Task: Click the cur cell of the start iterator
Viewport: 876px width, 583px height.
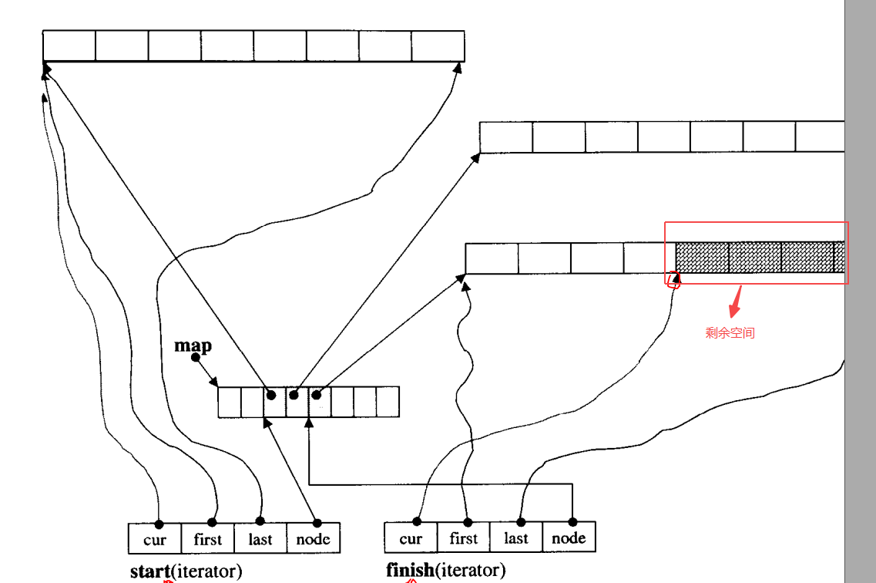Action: (x=155, y=539)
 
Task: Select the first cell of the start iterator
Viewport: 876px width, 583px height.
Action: (x=207, y=539)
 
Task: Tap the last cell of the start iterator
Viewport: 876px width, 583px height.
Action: (x=260, y=539)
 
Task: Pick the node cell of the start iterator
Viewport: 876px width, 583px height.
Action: (x=313, y=539)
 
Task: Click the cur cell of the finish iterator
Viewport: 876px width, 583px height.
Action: (x=411, y=538)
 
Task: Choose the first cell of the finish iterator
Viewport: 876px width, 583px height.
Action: (x=463, y=538)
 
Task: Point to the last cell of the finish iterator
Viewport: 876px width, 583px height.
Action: (x=515, y=538)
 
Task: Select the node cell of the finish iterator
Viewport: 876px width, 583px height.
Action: (x=569, y=538)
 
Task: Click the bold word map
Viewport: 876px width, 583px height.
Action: (x=193, y=345)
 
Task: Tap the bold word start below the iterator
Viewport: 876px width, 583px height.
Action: (x=149, y=571)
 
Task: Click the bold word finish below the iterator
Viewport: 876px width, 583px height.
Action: (x=410, y=571)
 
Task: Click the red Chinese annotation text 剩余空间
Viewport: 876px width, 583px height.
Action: (x=730, y=333)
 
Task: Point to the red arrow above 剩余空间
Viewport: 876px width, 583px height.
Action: (x=736, y=302)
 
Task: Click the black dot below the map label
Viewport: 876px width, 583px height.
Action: (x=196, y=357)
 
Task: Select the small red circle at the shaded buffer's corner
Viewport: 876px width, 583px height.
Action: (x=673, y=280)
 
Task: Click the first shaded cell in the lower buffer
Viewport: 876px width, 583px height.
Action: (x=702, y=258)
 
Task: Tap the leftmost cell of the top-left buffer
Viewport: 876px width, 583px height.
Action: (x=69, y=45)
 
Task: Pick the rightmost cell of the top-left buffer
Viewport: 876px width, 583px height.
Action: (x=438, y=45)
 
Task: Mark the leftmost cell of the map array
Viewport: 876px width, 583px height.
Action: (x=230, y=402)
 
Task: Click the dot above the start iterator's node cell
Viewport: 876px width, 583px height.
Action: (x=317, y=523)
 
